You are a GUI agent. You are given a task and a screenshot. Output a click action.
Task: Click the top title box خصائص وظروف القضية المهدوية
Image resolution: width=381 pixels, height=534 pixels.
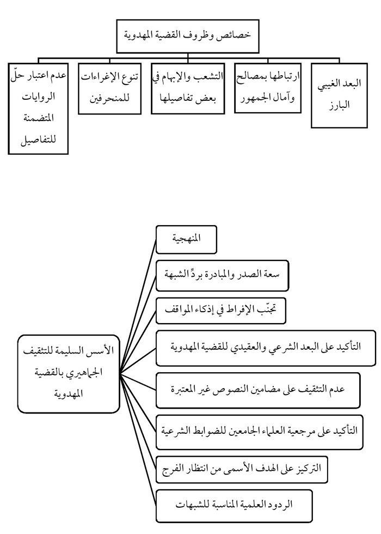[188, 37]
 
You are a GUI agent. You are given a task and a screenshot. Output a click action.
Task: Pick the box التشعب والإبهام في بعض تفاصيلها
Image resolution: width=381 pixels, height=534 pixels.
[188, 88]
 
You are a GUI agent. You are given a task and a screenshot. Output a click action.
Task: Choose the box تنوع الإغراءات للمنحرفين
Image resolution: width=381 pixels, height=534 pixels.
[111, 89]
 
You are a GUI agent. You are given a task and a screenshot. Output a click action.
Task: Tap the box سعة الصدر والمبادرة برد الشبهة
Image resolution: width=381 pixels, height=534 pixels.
[222, 276]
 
